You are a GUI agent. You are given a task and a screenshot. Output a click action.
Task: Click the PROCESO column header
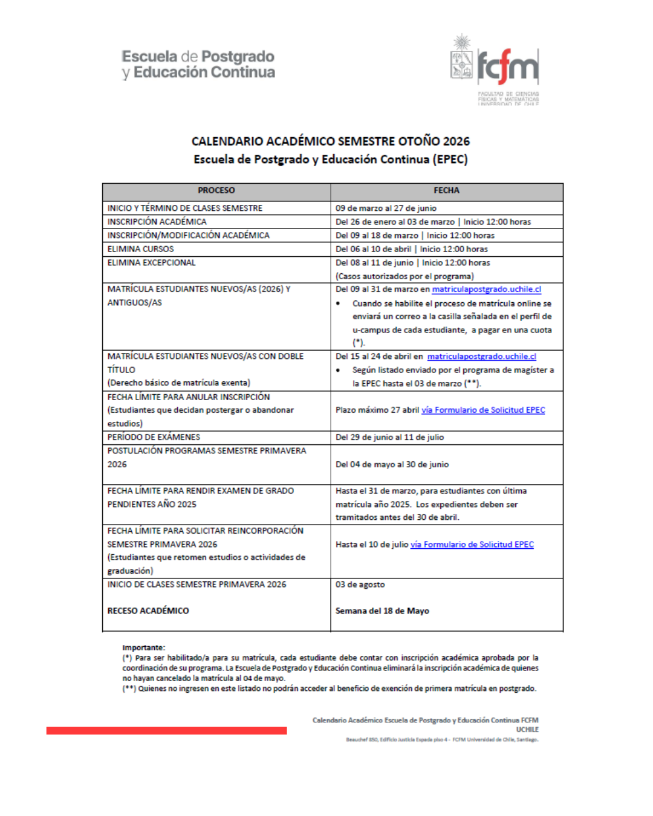click(216, 190)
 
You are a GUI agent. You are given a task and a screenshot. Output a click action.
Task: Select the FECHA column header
click(446, 190)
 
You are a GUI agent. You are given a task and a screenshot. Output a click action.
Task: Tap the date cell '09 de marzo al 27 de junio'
click(386, 208)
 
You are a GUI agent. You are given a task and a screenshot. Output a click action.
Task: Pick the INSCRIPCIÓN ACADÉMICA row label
click(157, 222)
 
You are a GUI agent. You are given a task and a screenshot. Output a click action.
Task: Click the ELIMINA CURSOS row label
click(140, 249)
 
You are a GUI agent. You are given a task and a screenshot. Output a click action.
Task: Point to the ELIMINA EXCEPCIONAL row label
click(151, 263)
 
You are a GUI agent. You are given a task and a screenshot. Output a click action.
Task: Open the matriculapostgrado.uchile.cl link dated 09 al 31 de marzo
click(486, 290)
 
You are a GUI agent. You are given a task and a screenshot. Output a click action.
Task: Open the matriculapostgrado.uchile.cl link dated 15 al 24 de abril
click(481, 357)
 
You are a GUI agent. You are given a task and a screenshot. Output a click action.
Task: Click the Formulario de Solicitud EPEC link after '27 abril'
click(483, 410)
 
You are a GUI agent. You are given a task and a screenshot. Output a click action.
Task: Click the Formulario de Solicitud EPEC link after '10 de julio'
click(472, 545)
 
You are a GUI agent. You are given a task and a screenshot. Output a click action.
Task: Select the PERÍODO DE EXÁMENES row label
click(154, 437)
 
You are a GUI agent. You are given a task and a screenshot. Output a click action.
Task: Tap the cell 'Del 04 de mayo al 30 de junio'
click(392, 464)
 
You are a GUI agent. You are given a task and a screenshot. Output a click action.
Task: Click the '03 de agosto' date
click(360, 584)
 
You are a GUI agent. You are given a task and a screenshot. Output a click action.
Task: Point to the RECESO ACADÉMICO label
click(148, 611)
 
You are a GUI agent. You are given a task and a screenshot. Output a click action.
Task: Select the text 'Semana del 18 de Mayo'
click(382, 611)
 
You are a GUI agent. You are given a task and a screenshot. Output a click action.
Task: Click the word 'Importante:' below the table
click(143, 647)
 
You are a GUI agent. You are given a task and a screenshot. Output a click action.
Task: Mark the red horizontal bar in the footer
click(166, 731)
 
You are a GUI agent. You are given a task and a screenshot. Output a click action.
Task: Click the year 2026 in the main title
click(456, 141)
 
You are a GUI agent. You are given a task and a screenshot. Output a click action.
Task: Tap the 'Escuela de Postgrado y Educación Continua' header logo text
click(198, 65)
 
